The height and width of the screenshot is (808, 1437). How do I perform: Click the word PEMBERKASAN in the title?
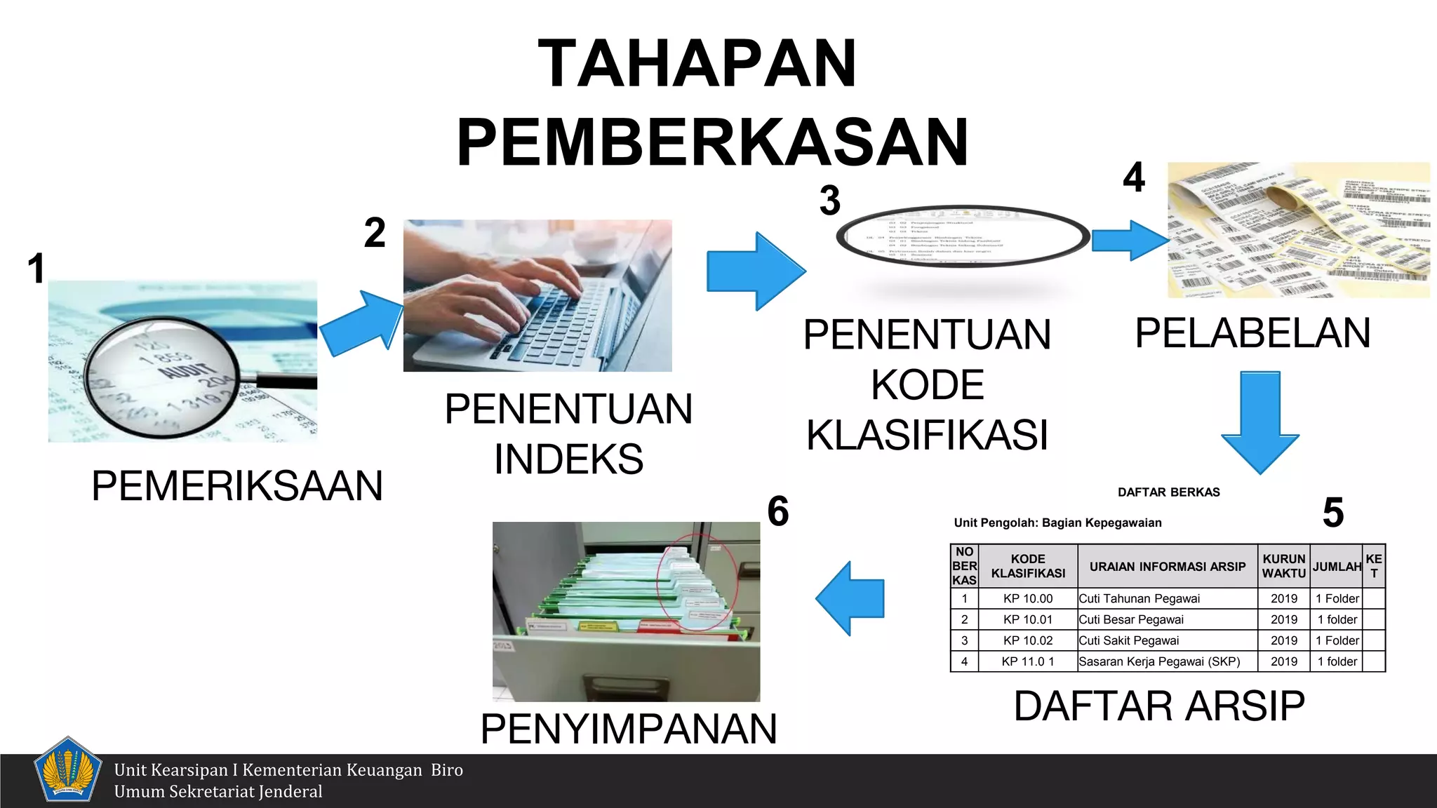[712, 142]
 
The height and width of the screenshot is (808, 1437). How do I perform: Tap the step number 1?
[36, 269]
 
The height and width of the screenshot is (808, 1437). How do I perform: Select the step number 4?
[1134, 177]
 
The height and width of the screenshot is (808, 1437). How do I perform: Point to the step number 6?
[777, 511]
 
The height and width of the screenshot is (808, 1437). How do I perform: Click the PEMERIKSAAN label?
[237, 485]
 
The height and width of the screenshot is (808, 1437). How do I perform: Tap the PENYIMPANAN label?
[629, 728]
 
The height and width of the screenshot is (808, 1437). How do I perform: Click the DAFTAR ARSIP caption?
[1159, 706]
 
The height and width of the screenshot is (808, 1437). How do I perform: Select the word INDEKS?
[568, 459]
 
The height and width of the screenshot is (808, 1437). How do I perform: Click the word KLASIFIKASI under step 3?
[927, 435]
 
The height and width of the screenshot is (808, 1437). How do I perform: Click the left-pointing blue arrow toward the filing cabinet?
[850, 598]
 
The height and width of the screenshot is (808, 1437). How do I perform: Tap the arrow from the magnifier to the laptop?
[362, 323]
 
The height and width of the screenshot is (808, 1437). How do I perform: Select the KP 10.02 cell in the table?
[1028, 640]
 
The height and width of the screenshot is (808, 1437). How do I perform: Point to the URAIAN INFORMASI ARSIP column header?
[1168, 567]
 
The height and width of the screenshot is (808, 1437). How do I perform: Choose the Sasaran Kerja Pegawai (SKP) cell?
[1159, 661]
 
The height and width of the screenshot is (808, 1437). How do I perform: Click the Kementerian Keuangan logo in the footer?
[67, 769]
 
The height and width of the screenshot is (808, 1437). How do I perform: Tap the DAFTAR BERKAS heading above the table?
[1168, 492]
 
